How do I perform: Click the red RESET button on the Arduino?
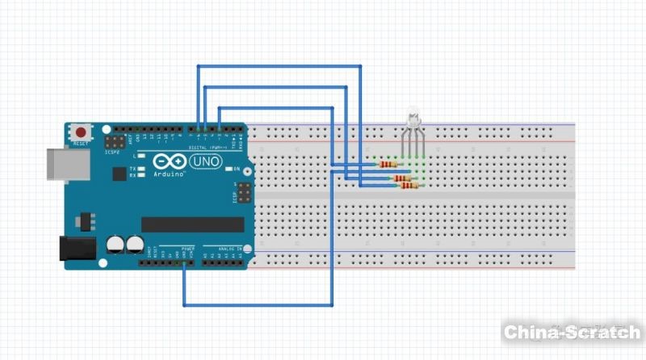(81, 132)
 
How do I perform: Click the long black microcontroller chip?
(192, 224)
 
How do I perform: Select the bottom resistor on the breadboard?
(409, 186)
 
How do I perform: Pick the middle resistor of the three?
(401, 178)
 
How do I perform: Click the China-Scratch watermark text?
(572, 332)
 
